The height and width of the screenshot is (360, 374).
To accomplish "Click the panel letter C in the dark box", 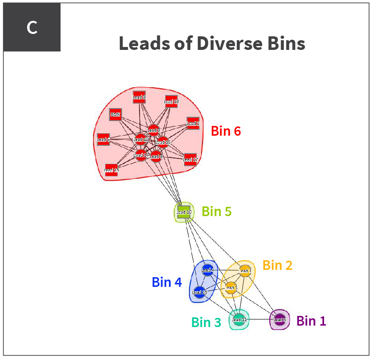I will [x=32, y=28].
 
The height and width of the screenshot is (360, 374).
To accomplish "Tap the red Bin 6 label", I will [x=226, y=131].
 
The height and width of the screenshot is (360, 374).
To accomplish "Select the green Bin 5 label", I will [x=217, y=212].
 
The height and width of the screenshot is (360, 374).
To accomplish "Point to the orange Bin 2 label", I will [x=277, y=266].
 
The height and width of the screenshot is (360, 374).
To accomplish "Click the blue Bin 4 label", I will [x=167, y=282].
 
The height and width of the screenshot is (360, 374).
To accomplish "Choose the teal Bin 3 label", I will [x=206, y=322].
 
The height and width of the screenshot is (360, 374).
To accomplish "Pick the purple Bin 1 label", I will [x=311, y=321].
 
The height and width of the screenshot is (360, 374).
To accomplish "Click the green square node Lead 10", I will [x=184, y=212].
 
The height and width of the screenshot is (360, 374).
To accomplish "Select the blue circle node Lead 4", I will [x=207, y=270].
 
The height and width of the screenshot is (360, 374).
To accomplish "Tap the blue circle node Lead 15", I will [x=199, y=292].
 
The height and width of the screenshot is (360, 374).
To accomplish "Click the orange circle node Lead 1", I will [x=245, y=270].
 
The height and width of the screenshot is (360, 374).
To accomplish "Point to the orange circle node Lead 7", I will [x=231, y=288].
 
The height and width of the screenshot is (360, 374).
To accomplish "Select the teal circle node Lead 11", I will [x=239, y=319].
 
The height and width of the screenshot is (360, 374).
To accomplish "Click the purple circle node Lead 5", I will [x=280, y=319].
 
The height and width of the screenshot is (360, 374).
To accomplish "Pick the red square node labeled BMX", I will [x=115, y=115].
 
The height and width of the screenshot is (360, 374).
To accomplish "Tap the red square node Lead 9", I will [x=139, y=97].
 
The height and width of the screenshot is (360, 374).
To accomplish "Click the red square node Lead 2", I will [x=193, y=123].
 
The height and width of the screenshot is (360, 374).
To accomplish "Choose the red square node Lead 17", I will [x=190, y=159].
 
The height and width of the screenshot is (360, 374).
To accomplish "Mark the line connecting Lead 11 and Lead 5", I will [x=259, y=319].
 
